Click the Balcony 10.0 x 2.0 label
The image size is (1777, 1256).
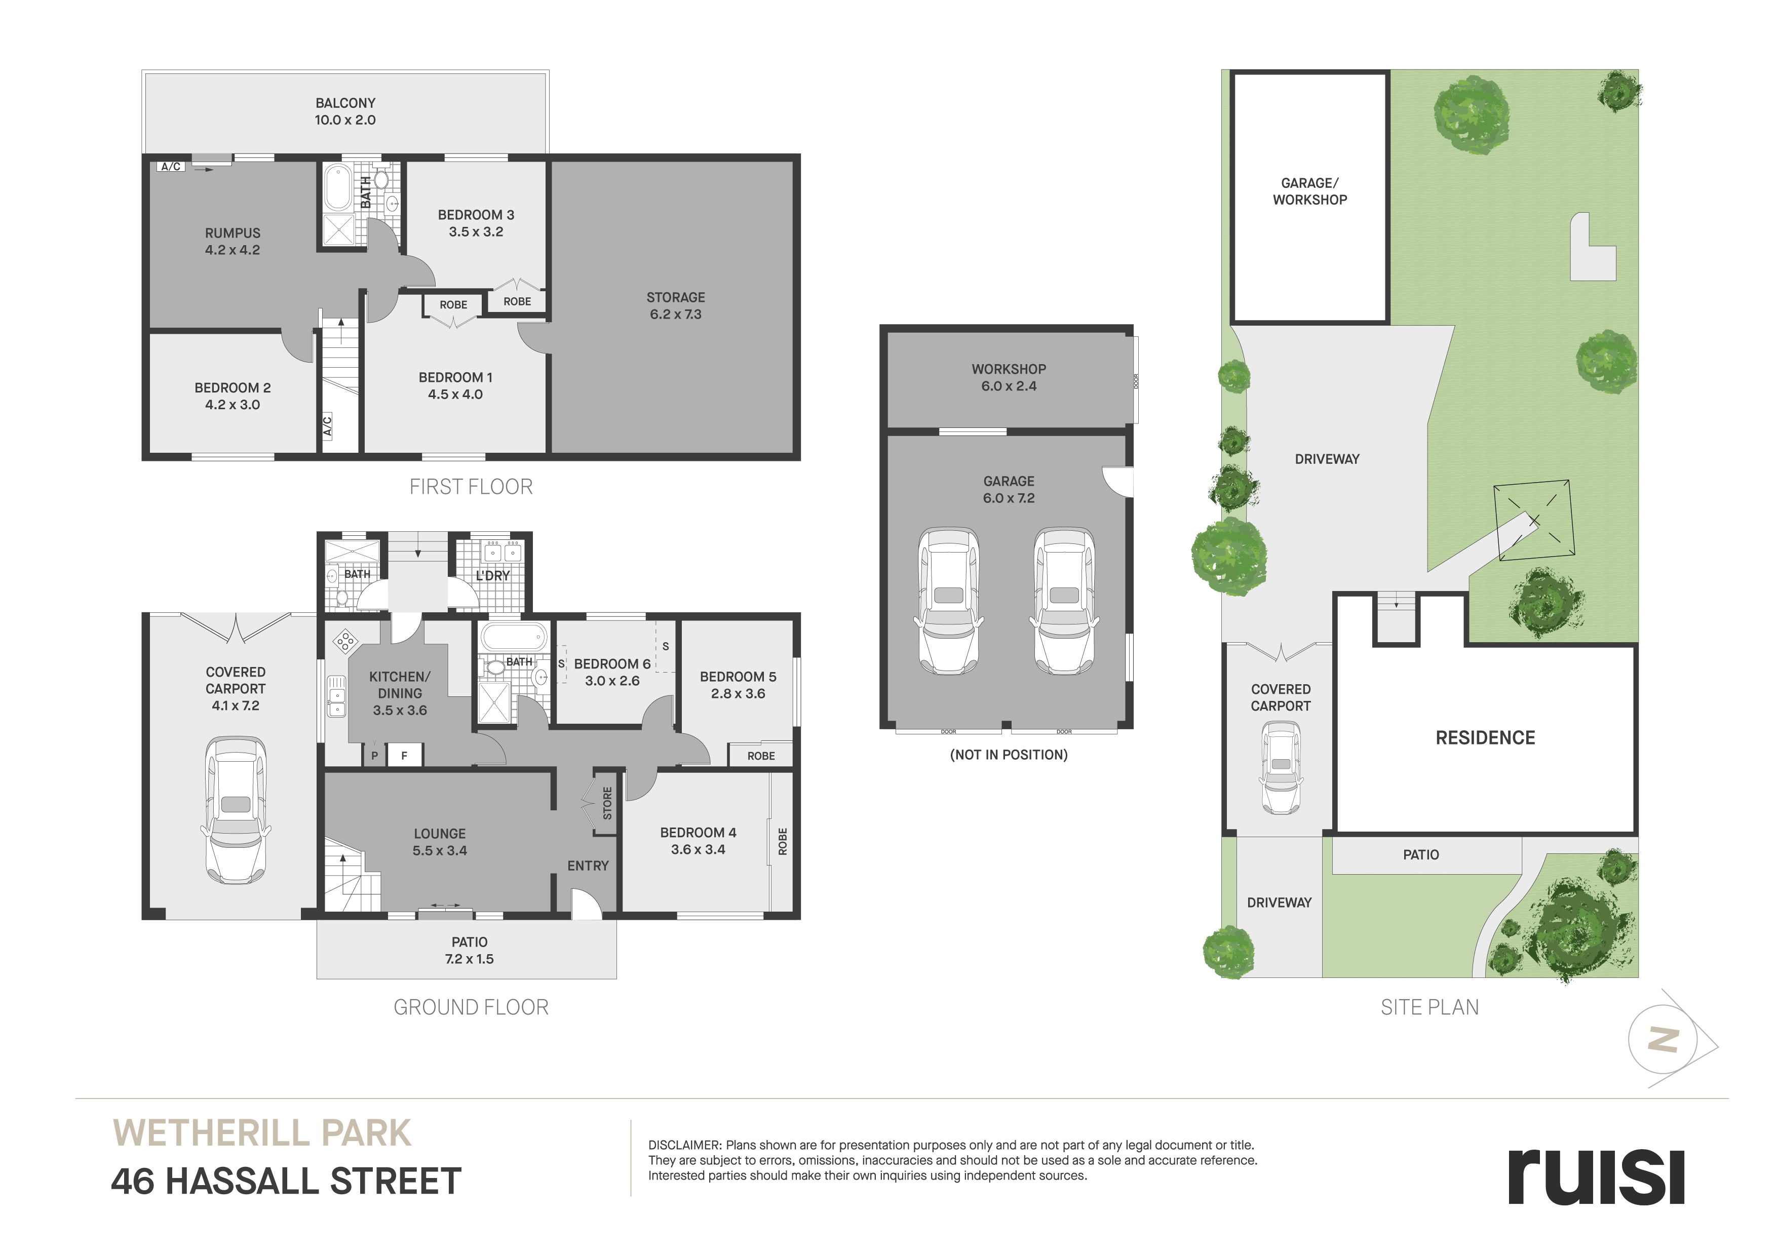coord(345,111)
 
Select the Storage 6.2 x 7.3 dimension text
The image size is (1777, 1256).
coord(676,314)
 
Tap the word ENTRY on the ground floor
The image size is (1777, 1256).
coord(588,866)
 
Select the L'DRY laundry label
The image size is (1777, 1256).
coord(493,576)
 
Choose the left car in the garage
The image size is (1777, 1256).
coord(949,601)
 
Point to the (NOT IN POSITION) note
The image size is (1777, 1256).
coord(1009,755)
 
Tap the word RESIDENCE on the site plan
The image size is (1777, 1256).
coord(1485,737)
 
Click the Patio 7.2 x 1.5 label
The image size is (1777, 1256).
coord(469,950)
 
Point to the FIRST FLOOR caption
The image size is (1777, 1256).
coord(471,487)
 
